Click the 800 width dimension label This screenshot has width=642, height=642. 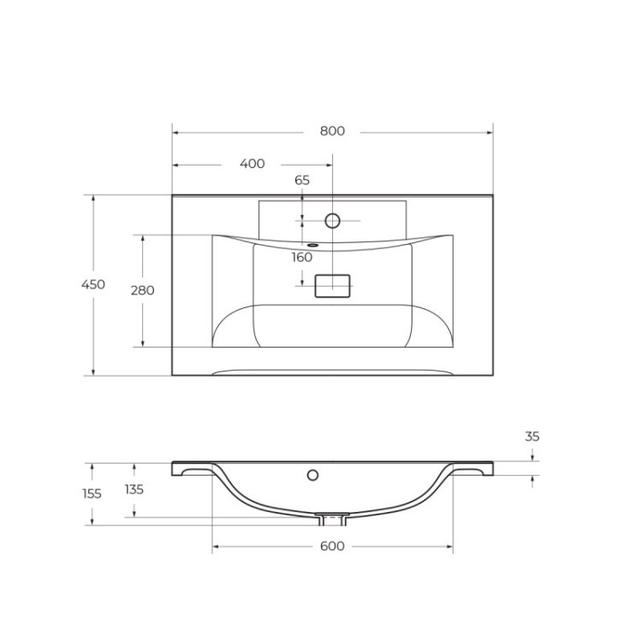click(x=332, y=131)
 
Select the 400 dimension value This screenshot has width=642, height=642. click(x=253, y=163)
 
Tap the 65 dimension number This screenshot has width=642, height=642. click(x=302, y=180)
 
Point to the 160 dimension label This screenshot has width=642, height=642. click(x=301, y=257)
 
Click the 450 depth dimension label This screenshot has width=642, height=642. click(x=93, y=284)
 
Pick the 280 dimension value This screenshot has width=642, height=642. click(x=142, y=290)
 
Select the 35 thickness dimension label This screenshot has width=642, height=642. click(x=532, y=437)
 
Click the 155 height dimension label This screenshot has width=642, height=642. click(x=92, y=494)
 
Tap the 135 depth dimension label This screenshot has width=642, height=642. click(x=134, y=490)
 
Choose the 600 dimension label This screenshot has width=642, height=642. click(x=332, y=546)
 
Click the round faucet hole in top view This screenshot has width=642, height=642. click(x=333, y=221)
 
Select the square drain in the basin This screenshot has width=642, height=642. click(x=333, y=286)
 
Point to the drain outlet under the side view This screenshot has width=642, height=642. click(x=332, y=520)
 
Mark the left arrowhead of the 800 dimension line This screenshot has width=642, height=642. click(x=175, y=132)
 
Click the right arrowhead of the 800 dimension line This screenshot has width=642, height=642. click(x=490, y=132)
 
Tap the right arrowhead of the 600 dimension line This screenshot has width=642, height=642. click(x=449, y=546)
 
